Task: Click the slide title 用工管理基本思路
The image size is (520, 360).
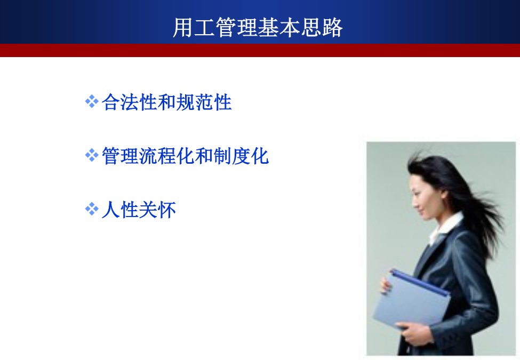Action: [x=258, y=27]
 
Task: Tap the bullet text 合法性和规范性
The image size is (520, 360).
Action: [x=167, y=102]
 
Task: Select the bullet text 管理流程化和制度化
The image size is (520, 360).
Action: [x=186, y=156]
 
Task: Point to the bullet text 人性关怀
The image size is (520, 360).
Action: [x=139, y=210]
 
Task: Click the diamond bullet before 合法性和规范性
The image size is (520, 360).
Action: [x=92, y=101]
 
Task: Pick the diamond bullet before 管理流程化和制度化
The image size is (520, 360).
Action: [x=92, y=155]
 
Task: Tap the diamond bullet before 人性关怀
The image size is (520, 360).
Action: [x=92, y=209]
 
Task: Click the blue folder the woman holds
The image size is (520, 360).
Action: [x=411, y=299]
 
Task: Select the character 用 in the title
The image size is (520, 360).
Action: [x=183, y=28]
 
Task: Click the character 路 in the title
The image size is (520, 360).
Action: [x=333, y=28]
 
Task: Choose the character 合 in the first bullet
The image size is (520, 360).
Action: [x=111, y=102]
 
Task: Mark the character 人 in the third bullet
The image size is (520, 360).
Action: [x=111, y=210]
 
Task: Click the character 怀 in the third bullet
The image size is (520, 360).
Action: [x=167, y=210]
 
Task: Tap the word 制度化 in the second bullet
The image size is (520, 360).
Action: [x=241, y=156]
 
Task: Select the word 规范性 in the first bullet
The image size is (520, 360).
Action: [x=204, y=102]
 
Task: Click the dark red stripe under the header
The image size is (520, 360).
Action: [x=260, y=50]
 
